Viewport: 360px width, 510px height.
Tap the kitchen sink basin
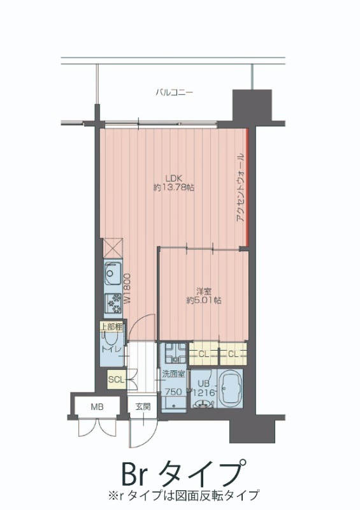coord(112,275)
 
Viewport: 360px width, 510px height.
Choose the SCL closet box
coord(116,380)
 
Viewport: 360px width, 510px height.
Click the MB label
coord(96,407)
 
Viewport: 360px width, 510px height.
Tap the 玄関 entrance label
coord(142,407)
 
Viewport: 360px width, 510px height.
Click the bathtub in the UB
coord(231,389)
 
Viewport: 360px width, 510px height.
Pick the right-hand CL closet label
coord(233,353)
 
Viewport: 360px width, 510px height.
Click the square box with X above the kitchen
coord(112,247)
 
